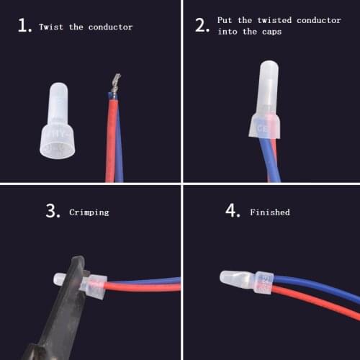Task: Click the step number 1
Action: tap(24, 27)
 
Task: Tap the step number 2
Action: tap(202, 27)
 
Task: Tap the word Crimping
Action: tap(89, 212)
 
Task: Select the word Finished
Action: tap(270, 212)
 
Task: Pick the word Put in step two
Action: tap(224, 21)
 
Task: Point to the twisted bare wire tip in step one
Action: tap(114, 84)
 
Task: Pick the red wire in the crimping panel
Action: tap(144, 287)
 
